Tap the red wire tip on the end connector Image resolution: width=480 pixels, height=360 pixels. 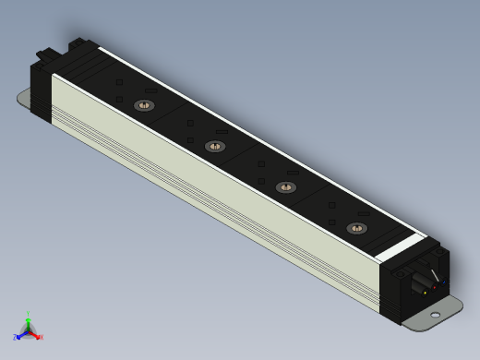click(x=434, y=288)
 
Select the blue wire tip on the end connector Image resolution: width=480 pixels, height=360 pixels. click(x=445, y=282)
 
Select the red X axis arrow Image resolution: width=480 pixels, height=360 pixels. click(x=36, y=334)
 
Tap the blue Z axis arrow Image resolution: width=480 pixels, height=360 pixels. click(x=21, y=334)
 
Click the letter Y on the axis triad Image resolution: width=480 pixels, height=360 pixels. click(x=29, y=312)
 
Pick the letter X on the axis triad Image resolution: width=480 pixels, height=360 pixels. click(x=41, y=337)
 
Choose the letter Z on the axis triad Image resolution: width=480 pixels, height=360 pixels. click(x=16, y=337)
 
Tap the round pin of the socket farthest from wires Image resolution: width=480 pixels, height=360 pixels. click(x=143, y=105)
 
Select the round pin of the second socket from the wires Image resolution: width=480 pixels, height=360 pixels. click(x=284, y=187)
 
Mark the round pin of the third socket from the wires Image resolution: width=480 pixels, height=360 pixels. click(x=214, y=146)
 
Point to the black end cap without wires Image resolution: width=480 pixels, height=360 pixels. click(x=42, y=83)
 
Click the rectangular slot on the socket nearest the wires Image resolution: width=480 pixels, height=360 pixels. click(x=363, y=214)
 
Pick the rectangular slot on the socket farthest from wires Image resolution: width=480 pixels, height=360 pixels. click(x=150, y=91)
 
